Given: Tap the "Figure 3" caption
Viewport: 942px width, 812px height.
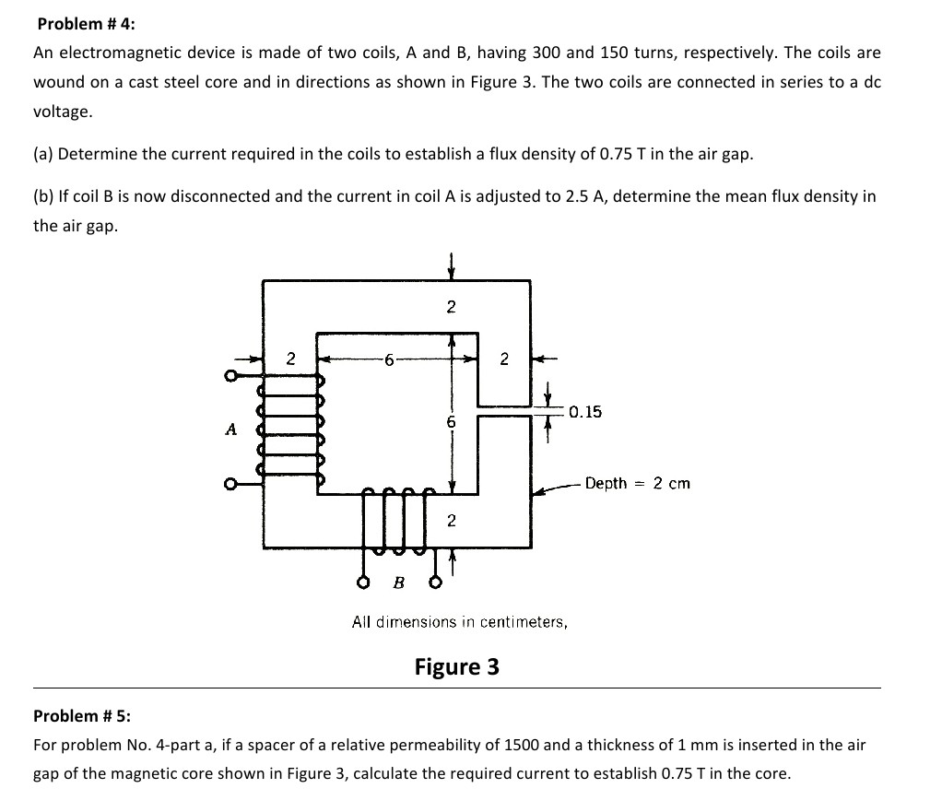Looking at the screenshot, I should pyautogui.click(x=456, y=666).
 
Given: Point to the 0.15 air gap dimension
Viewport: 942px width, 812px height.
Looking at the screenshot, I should pyautogui.click(x=585, y=412).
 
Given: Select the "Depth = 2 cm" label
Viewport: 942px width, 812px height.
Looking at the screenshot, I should pyautogui.click(x=637, y=483).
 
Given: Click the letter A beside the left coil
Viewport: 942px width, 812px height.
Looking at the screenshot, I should pyautogui.click(x=230, y=429).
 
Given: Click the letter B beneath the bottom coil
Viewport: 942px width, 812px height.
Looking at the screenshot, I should pyautogui.click(x=398, y=582).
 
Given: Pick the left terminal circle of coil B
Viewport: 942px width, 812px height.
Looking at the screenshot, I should pyautogui.click(x=364, y=583).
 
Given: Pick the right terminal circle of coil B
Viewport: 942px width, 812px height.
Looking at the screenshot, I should pyautogui.click(x=429, y=583).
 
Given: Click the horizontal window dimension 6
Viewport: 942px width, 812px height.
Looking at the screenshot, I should pyautogui.click(x=389, y=359).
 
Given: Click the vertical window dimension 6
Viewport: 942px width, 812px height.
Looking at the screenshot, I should pyautogui.click(x=451, y=422).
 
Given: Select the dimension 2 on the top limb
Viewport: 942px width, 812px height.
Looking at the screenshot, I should pyautogui.click(x=451, y=307).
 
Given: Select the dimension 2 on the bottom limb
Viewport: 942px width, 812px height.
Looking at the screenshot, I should pyautogui.click(x=451, y=522).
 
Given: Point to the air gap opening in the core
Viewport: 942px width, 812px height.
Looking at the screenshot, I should pyautogui.click(x=503, y=410).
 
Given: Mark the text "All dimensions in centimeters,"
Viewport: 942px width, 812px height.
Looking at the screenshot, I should pyautogui.click(x=459, y=622).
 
